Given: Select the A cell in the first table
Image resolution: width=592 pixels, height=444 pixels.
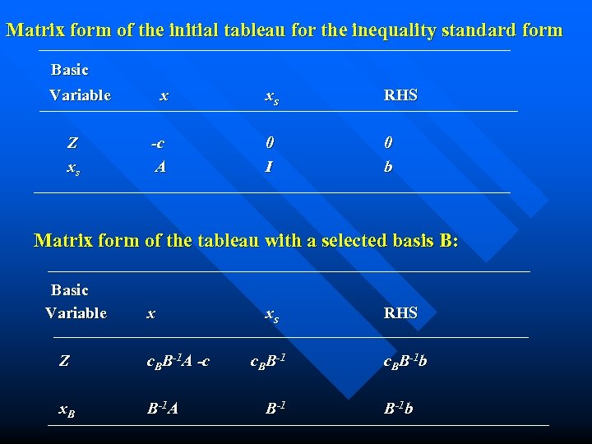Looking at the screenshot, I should tap(161, 167).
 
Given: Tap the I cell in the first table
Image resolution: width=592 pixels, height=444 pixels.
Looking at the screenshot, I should tap(269, 167).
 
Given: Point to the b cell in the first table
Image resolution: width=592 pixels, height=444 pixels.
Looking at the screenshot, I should tap(388, 167).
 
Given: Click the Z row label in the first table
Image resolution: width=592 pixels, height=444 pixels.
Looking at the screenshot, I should tap(72, 143).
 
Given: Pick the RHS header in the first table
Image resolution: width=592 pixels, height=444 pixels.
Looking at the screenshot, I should tap(400, 95).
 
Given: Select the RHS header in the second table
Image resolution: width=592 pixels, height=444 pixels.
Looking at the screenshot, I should tap(400, 313).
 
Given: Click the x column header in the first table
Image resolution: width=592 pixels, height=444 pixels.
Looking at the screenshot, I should tap(164, 95).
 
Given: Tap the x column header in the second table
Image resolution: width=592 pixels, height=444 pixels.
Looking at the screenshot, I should tap(150, 313).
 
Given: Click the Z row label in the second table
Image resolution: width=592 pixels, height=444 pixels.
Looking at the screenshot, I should tap(64, 359).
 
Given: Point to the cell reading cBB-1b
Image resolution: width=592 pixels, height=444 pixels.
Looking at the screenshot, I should tap(405, 360).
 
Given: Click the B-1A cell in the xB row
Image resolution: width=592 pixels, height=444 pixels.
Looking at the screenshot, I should tap(162, 408).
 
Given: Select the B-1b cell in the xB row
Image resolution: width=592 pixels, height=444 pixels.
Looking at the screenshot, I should tap(398, 408).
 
